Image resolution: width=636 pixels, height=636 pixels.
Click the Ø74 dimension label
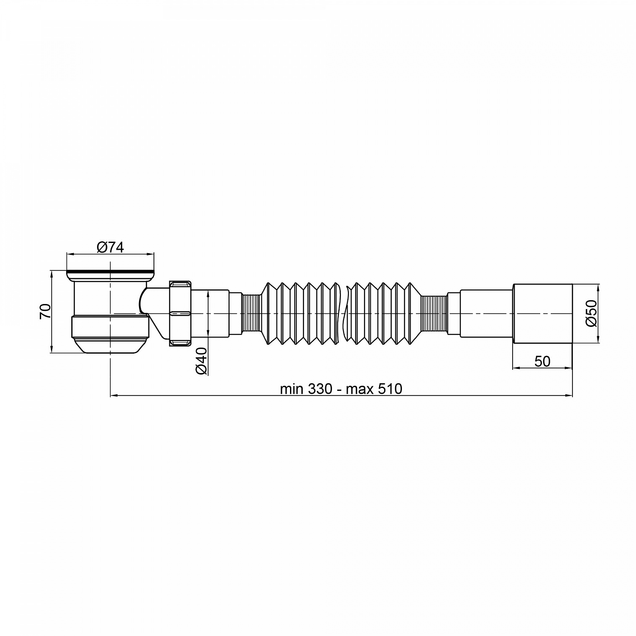(x=110, y=247)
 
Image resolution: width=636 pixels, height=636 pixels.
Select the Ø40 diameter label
(x=201, y=360)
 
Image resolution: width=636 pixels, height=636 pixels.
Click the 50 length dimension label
(x=542, y=361)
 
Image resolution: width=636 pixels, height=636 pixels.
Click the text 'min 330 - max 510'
(x=341, y=389)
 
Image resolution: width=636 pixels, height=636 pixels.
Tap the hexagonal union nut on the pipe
(x=181, y=313)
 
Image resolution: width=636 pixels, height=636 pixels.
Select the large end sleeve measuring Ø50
(x=543, y=313)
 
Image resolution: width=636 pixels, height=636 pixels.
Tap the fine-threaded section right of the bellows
(x=435, y=313)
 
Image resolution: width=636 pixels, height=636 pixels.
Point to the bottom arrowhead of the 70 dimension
(x=51, y=350)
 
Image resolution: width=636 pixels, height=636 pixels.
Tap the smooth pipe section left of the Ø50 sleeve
(x=486, y=313)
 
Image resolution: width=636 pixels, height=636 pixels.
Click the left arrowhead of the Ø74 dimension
(x=70, y=255)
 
